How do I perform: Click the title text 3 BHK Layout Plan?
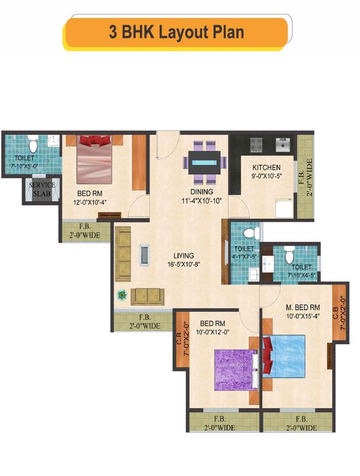[176, 32]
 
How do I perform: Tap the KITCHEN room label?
[266, 167]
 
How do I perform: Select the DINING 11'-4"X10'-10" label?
[202, 196]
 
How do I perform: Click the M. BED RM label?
[302, 308]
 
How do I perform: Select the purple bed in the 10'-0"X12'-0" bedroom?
[234, 370]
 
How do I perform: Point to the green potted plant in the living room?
[121, 295]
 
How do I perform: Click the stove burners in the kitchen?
[257, 145]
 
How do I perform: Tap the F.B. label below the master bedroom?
[299, 423]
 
